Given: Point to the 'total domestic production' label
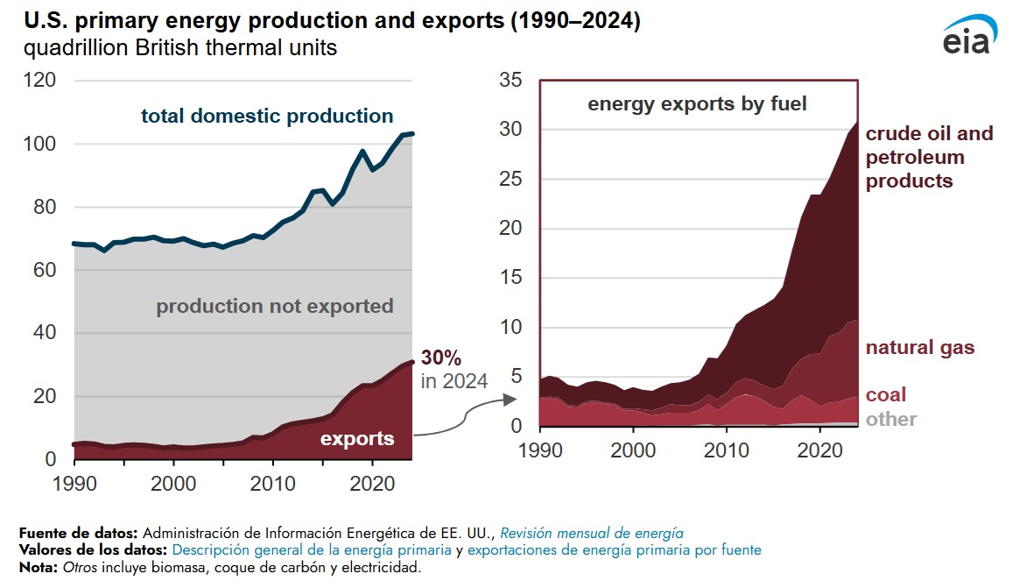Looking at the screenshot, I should coord(267,116).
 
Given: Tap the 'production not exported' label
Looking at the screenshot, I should coord(275,307).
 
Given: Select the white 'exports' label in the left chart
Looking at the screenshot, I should coord(357,438).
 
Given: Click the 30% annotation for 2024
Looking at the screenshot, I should coord(441,358).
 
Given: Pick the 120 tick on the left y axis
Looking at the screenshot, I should coord(40,81).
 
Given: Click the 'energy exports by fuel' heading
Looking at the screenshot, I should coord(697,103).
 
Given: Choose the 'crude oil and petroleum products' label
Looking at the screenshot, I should coord(929,158).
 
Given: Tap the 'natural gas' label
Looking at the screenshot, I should coord(919,348).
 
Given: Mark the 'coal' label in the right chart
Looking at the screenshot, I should coord(886,394).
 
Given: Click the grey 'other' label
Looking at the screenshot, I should coord(891,419).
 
